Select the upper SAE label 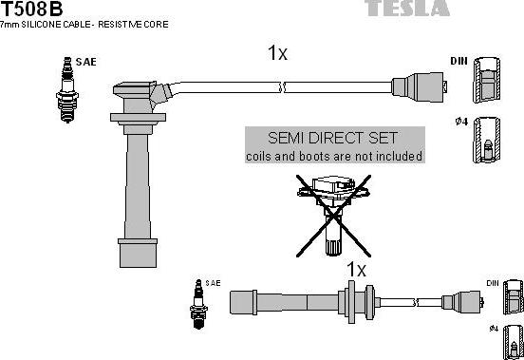pos(84,61)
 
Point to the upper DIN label pos(458,61)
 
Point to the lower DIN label pos(492,282)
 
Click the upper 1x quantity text pos(277,53)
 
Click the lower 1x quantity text pos(355,270)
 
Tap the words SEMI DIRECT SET pos(333,138)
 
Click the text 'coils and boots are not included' pos(333,156)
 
